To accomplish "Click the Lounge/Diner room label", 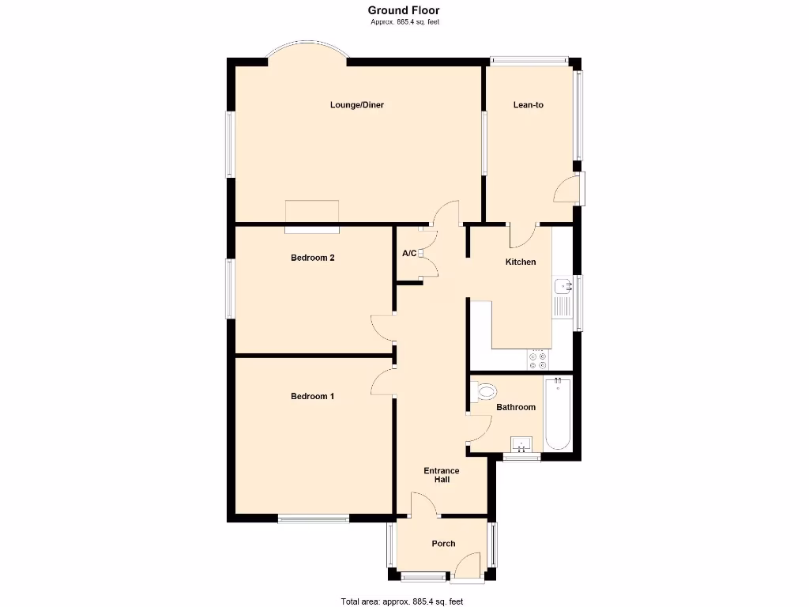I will coord(357,104).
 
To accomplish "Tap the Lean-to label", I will coord(529,104).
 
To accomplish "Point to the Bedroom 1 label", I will coord(312,396).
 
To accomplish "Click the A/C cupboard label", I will coord(409,254).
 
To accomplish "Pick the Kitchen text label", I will coord(521,262).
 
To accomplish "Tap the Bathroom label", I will coord(516,407).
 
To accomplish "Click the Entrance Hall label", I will coord(442,475).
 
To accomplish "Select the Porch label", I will coord(443,543).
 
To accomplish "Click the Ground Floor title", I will coord(404,10).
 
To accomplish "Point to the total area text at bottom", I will coord(402,601).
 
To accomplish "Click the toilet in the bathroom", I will coord(484,390).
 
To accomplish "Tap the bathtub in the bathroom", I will coord(558,414).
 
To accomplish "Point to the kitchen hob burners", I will coord(538,360).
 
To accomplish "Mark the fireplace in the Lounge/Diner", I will coord(312,216).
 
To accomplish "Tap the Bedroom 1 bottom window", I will coord(313,519).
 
